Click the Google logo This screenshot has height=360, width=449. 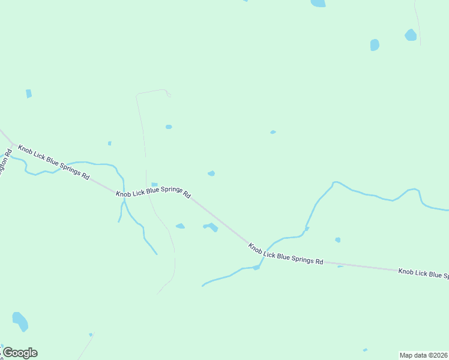[20, 353]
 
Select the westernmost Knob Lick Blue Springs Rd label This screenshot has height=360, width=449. [53, 163]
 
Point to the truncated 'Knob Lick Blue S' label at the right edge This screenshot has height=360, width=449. [423, 273]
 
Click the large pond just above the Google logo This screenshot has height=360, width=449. [20, 321]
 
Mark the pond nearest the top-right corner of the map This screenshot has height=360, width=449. [411, 35]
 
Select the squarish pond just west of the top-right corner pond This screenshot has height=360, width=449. [375, 45]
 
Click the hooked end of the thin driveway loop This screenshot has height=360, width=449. [169, 94]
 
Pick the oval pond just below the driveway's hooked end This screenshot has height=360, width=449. [169, 127]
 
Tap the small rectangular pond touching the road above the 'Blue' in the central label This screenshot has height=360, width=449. [154, 184]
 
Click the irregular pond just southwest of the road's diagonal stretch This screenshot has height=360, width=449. [211, 226]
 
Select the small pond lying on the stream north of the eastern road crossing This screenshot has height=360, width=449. [307, 229]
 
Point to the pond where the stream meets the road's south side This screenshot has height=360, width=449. [256, 268]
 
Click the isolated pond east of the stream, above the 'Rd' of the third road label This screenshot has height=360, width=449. [338, 240]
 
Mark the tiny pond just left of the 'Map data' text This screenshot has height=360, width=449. [365, 350]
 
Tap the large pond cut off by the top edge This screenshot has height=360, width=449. [318, 3]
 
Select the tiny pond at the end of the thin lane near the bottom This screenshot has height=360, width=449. [91, 334]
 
